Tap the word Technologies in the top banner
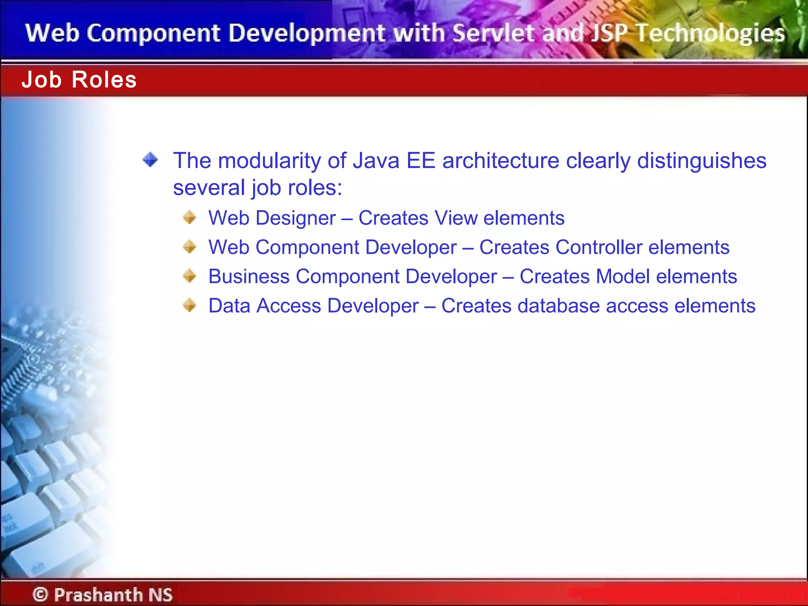click(x=710, y=33)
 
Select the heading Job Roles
click(x=79, y=80)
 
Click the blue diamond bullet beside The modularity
click(x=150, y=160)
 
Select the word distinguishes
click(x=701, y=161)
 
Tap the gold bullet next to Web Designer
click(x=190, y=217)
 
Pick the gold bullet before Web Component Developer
click(x=190, y=247)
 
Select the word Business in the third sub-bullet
click(x=249, y=276)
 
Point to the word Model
click(x=623, y=276)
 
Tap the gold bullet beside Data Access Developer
click(x=190, y=305)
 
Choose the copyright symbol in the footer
click(x=40, y=594)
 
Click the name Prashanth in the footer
click(x=98, y=595)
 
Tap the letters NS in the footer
click(x=160, y=595)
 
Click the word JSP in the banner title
click(x=610, y=33)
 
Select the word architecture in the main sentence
click(x=501, y=161)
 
